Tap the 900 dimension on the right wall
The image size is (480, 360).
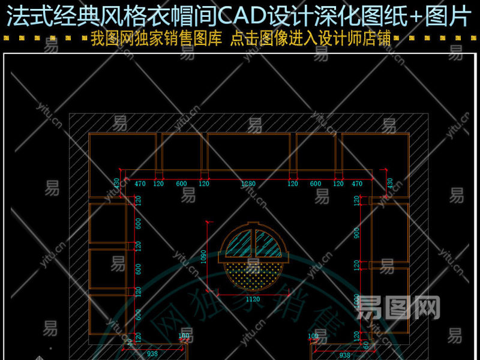357,232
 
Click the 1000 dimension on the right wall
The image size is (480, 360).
357,302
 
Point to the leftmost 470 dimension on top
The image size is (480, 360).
140,184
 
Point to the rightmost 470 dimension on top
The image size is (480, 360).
356,184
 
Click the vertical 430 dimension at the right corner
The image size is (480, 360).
390,183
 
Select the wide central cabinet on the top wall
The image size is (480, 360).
248,151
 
